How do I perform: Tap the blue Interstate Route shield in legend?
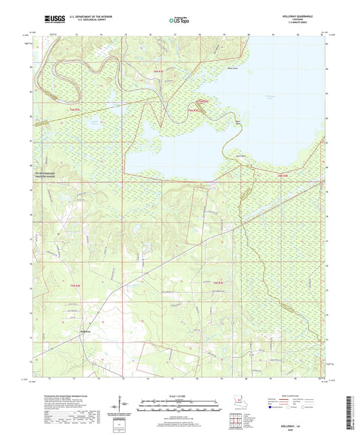pos(272,407)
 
